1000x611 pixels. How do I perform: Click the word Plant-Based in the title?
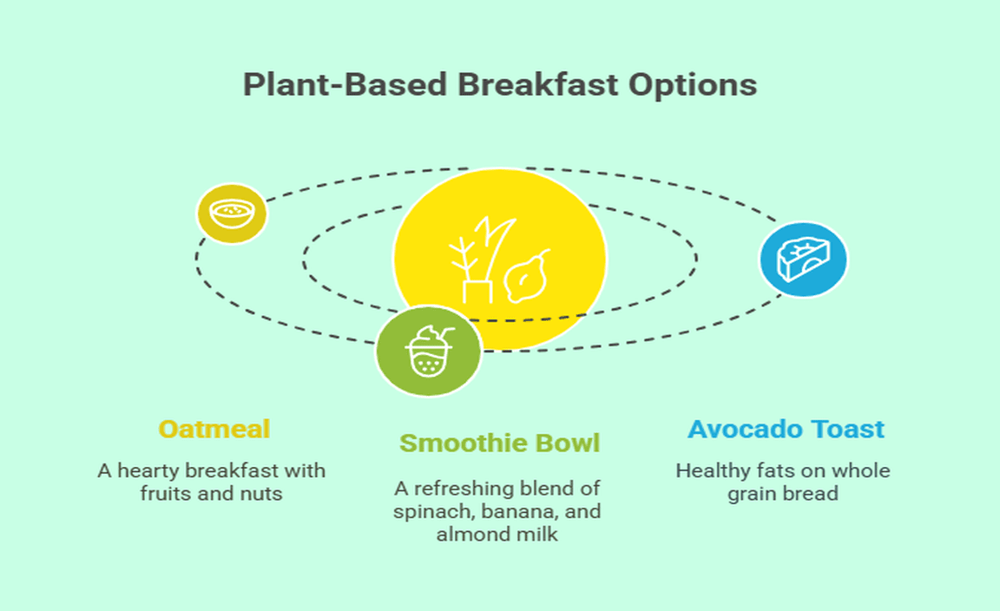click(345, 85)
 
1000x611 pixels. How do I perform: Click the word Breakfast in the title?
click(537, 85)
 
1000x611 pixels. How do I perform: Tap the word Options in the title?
click(693, 86)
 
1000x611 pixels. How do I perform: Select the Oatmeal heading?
click(214, 430)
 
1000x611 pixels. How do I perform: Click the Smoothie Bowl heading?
click(499, 443)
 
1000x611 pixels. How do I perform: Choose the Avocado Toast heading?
click(786, 430)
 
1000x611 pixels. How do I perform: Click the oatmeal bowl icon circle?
click(232, 214)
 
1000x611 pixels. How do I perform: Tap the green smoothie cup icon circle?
click(429, 351)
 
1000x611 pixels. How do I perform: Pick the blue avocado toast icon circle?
click(803, 260)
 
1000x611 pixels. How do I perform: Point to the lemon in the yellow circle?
click(527, 277)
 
